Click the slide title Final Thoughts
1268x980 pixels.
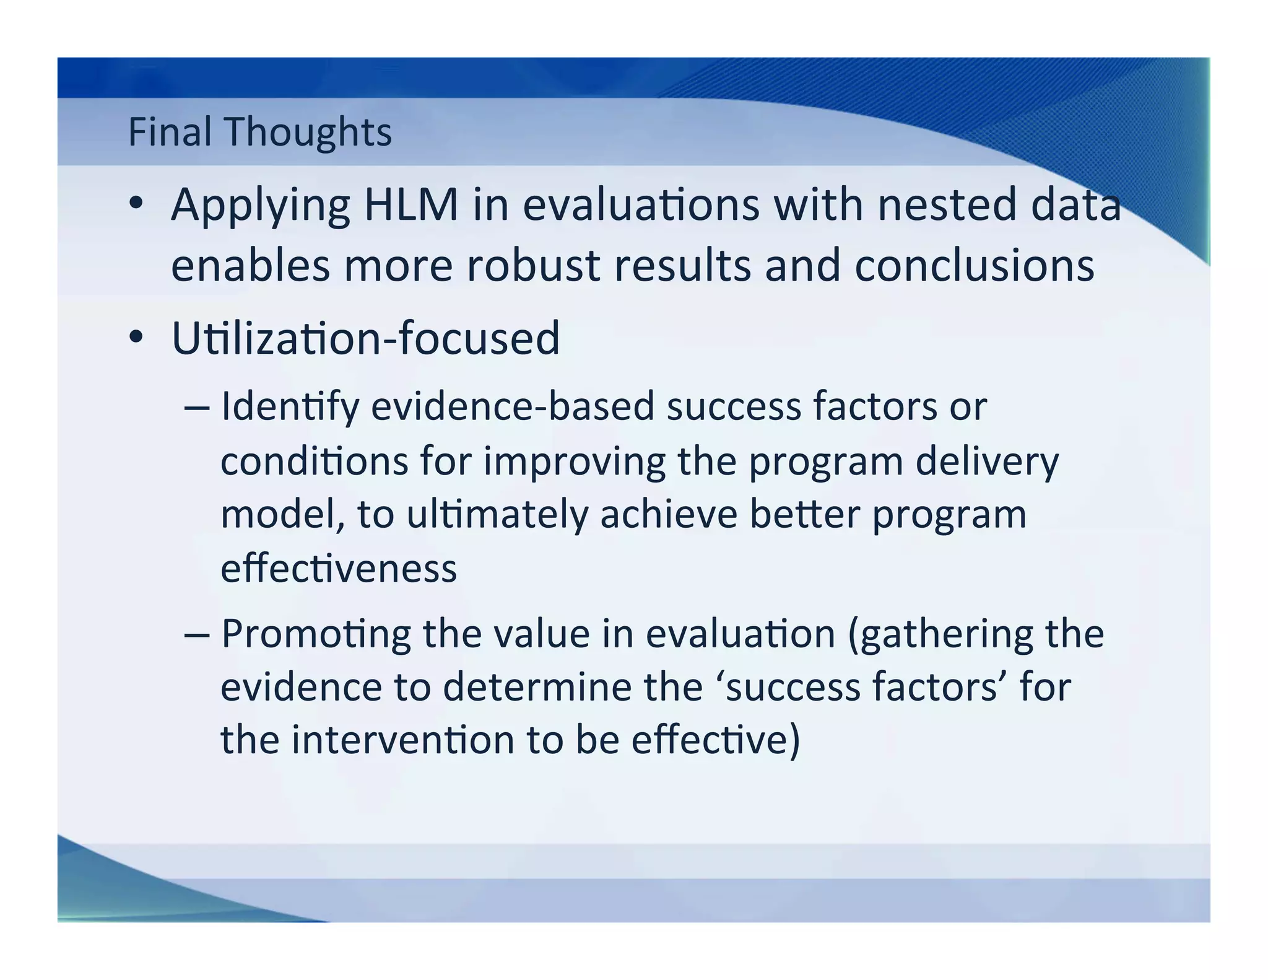(259, 132)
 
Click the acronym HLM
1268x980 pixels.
(411, 204)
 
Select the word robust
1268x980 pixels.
(533, 265)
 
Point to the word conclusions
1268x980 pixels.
(974, 265)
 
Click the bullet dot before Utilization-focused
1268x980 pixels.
(136, 338)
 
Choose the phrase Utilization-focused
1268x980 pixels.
(365, 338)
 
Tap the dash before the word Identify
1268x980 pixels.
(197, 408)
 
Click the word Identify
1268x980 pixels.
(290, 408)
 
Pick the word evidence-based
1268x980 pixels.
(513, 406)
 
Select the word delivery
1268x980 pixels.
(987, 462)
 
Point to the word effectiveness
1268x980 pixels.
(339, 568)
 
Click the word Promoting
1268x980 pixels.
(316, 634)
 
